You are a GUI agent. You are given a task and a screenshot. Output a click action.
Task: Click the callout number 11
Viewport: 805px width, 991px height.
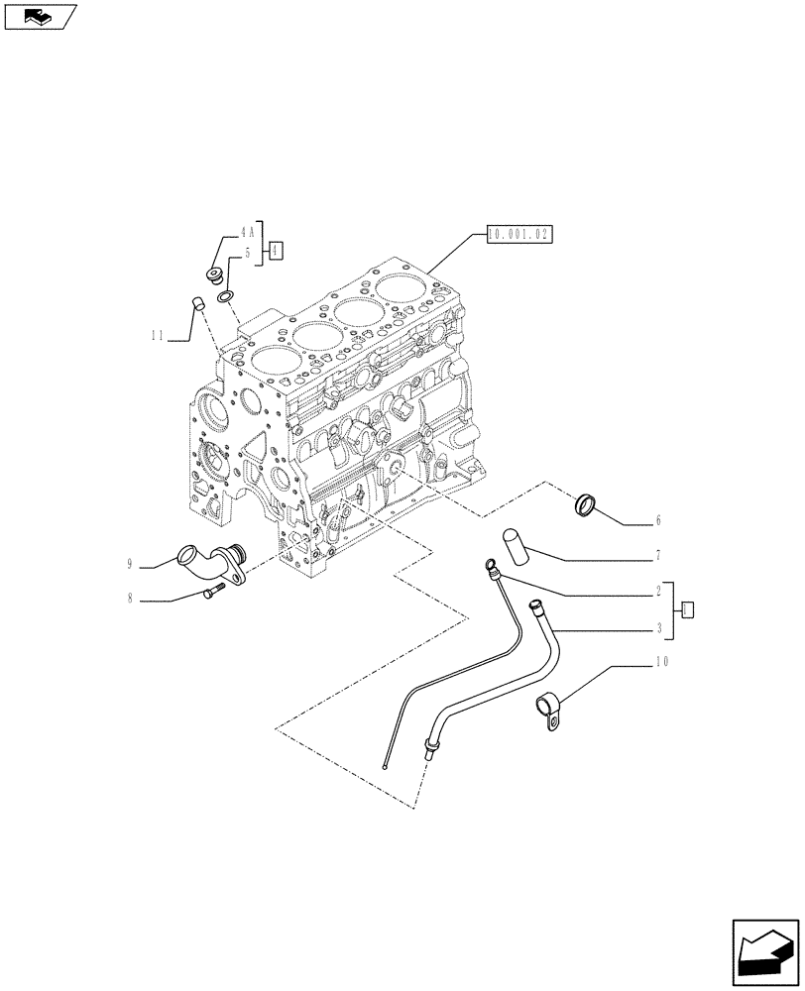(x=157, y=336)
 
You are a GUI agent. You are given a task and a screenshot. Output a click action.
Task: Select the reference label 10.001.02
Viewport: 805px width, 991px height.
(x=518, y=235)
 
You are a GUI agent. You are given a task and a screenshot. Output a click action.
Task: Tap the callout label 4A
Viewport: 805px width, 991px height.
(x=246, y=232)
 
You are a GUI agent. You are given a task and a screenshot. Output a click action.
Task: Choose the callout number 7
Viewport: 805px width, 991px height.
(x=657, y=556)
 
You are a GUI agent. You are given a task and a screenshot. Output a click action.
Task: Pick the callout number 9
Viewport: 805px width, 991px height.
(x=130, y=564)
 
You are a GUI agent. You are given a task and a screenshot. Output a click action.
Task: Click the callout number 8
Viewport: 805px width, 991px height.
(x=130, y=599)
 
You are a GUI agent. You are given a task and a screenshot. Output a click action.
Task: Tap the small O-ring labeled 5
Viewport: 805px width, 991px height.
(x=226, y=295)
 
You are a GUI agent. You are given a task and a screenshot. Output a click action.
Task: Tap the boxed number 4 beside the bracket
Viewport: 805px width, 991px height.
(x=276, y=251)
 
